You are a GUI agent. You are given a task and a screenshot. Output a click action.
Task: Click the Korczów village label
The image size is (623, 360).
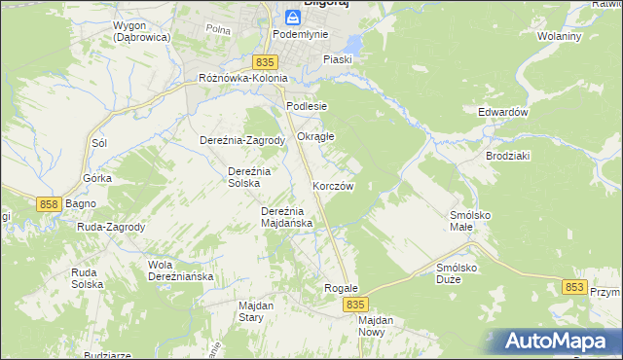click(x=333, y=185)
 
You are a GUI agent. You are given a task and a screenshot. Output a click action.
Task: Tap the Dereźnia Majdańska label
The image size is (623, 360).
click(x=286, y=217)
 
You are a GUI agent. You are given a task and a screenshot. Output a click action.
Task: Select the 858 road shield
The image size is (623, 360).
click(x=52, y=204)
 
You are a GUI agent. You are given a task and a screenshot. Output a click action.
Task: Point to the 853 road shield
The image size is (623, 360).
click(x=575, y=287)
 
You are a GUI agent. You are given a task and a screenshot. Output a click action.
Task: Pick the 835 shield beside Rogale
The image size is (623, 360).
click(x=355, y=305)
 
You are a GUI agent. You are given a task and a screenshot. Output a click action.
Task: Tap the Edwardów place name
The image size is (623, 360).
click(x=502, y=112)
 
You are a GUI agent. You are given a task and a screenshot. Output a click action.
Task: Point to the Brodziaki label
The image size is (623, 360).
click(x=506, y=156)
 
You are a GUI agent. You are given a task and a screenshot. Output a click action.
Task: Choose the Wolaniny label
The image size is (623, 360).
click(x=559, y=36)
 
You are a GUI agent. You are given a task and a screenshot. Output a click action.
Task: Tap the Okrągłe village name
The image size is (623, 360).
click(x=315, y=136)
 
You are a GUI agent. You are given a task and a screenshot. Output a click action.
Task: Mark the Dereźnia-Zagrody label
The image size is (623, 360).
click(x=241, y=140)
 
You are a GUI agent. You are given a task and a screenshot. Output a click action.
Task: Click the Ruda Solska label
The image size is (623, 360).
click(x=90, y=278)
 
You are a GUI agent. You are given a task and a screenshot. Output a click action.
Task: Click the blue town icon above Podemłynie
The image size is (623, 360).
click(x=293, y=17)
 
